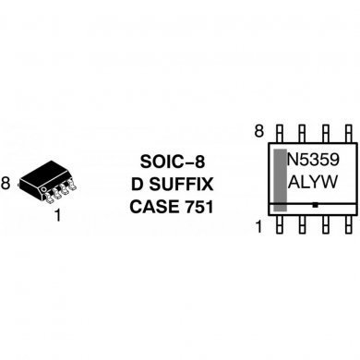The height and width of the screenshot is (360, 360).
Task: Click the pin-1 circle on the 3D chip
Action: (x=42, y=189)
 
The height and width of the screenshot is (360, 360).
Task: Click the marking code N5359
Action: (x=316, y=159)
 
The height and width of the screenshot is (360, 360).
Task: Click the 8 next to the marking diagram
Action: (x=259, y=131)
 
